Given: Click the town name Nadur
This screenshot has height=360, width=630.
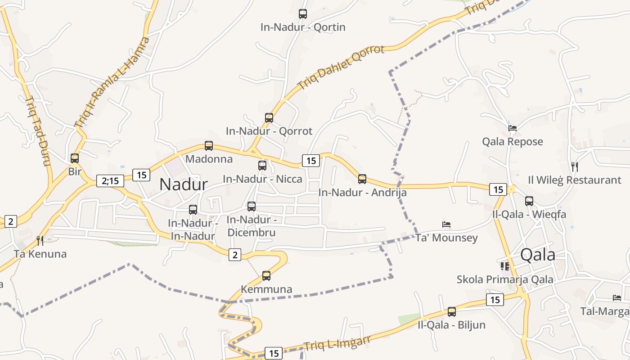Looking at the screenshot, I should (184, 184).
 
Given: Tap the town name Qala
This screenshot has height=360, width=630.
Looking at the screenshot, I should (537, 255).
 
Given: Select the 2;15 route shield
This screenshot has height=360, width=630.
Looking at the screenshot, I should (110, 181).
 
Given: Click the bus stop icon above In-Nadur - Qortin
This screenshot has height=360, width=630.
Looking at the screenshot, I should (303, 14).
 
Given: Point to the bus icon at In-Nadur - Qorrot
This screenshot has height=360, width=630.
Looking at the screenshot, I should (269, 118).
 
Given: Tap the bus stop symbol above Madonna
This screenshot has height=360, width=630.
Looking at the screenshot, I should (209, 146).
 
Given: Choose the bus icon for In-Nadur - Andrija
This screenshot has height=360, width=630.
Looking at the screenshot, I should (362, 179).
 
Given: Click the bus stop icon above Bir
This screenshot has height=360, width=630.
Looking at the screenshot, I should (75, 158).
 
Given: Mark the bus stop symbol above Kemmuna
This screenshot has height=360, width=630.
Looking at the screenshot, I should (266, 276).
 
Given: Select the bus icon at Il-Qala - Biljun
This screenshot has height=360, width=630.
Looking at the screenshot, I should (452, 312).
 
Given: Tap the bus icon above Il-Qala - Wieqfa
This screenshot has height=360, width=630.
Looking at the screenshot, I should (529, 201).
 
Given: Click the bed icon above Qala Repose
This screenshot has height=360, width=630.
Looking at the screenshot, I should (513, 128).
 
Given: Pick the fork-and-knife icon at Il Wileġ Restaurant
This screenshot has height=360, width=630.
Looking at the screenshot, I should (574, 167).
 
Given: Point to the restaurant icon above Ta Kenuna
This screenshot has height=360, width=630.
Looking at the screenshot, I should (40, 241).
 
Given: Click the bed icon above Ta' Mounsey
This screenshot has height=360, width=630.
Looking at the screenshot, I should (446, 225).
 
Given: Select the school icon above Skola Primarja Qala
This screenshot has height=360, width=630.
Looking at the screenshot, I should (505, 266).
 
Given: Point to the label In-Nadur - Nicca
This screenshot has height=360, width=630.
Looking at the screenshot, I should (263, 179).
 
